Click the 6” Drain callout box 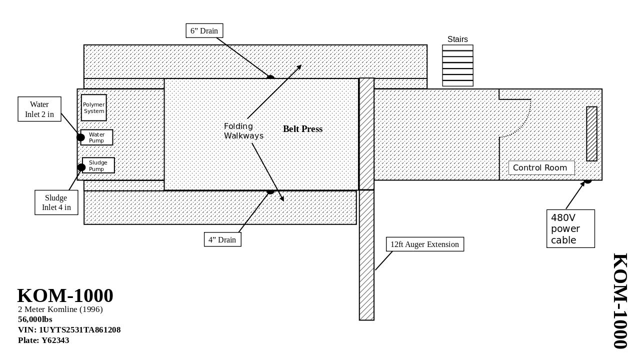(x=204, y=31)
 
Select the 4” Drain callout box (x=222, y=239)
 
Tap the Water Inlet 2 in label (x=39, y=109)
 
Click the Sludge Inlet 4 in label (x=56, y=202)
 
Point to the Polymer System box (x=94, y=107)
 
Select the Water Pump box (x=97, y=137)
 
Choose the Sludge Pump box (x=98, y=165)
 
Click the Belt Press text (x=302, y=129)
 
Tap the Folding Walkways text (x=243, y=131)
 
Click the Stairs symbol (x=457, y=65)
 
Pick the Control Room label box (x=541, y=168)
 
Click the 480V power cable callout (x=570, y=228)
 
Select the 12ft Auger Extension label (x=425, y=244)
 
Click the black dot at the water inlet (x=80, y=137)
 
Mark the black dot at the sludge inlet (x=81, y=167)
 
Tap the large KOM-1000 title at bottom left (x=65, y=295)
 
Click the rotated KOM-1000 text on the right (x=619, y=301)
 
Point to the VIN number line (x=69, y=330)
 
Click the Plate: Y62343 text (x=43, y=340)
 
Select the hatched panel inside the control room (x=591, y=134)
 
